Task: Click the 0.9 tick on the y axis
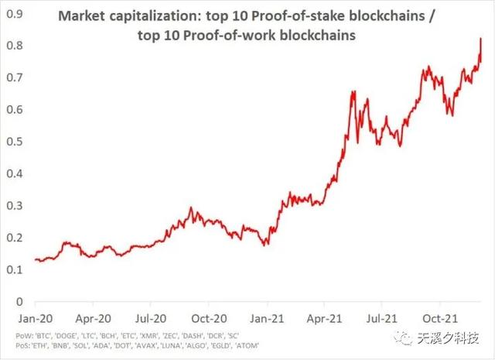pyautogui.click(x=13, y=13)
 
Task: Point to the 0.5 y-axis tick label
pyautogui.click(x=13, y=142)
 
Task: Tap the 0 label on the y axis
pyautogui.click(x=18, y=301)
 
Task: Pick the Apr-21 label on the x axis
pyautogui.click(x=325, y=317)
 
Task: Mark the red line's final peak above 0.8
pyautogui.click(x=481, y=39)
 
